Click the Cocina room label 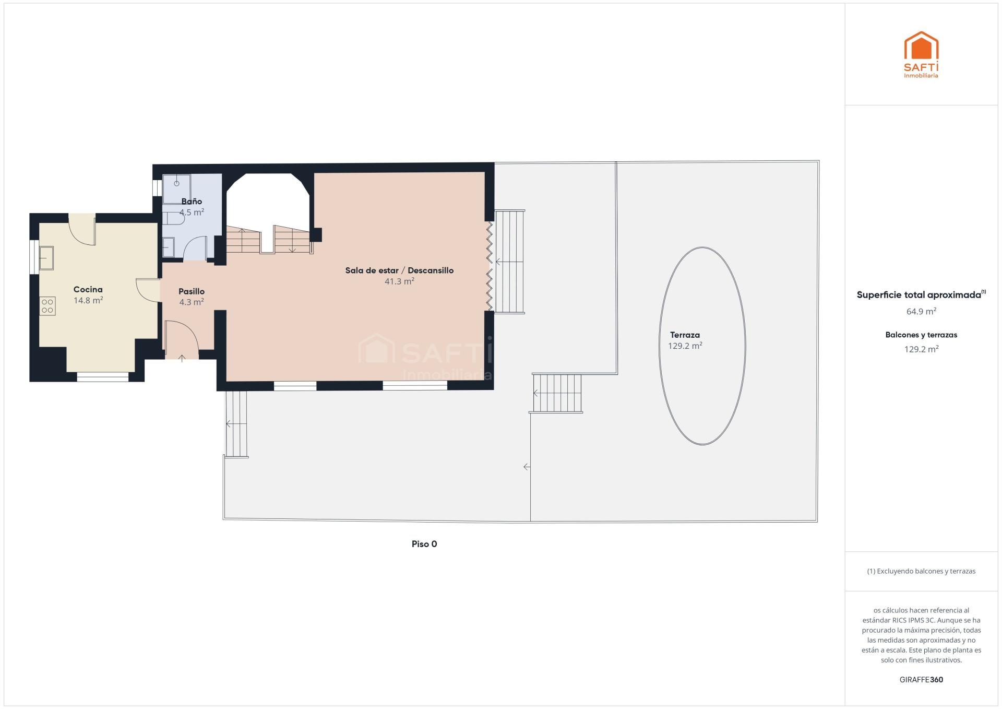(88, 289)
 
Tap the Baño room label (192, 201)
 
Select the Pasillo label (192, 291)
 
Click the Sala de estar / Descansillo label (399, 270)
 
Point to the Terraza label (685, 335)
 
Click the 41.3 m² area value (399, 281)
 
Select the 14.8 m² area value (88, 300)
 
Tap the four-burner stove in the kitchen (47, 306)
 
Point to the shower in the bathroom (176, 189)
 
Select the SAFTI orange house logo (921, 45)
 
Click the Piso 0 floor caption (424, 544)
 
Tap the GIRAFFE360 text (921, 680)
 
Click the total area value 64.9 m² (921, 312)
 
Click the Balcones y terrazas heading (921, 335)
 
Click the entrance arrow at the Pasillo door (182, 358)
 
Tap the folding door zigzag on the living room (490, 266)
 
